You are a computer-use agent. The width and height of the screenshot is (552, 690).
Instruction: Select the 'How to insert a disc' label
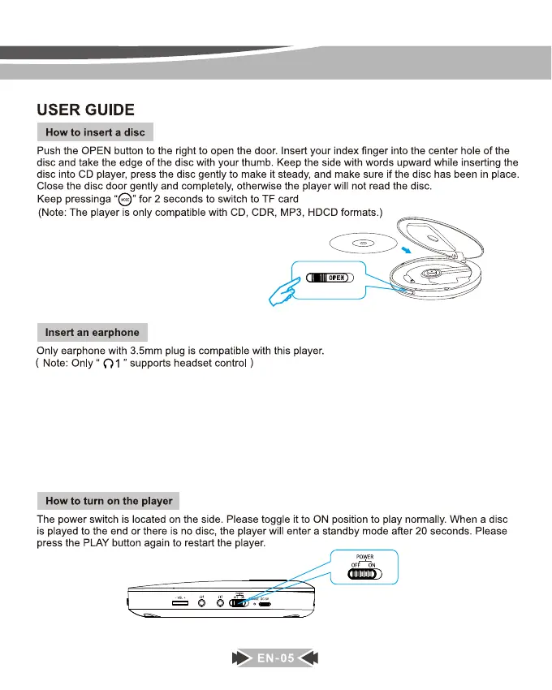(95, 132)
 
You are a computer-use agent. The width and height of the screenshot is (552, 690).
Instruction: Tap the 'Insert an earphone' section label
(92, 332)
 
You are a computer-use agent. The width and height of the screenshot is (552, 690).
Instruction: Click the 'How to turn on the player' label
(109, 501)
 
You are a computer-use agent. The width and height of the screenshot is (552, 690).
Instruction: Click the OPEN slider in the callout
(329, 278)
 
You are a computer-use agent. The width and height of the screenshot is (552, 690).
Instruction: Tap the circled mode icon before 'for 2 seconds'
(125, 200)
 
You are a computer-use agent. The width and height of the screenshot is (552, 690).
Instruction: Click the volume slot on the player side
(180, 602)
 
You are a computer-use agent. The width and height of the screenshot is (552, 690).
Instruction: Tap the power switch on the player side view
(239, 602)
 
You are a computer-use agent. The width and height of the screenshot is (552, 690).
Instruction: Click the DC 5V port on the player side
(265, 603)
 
